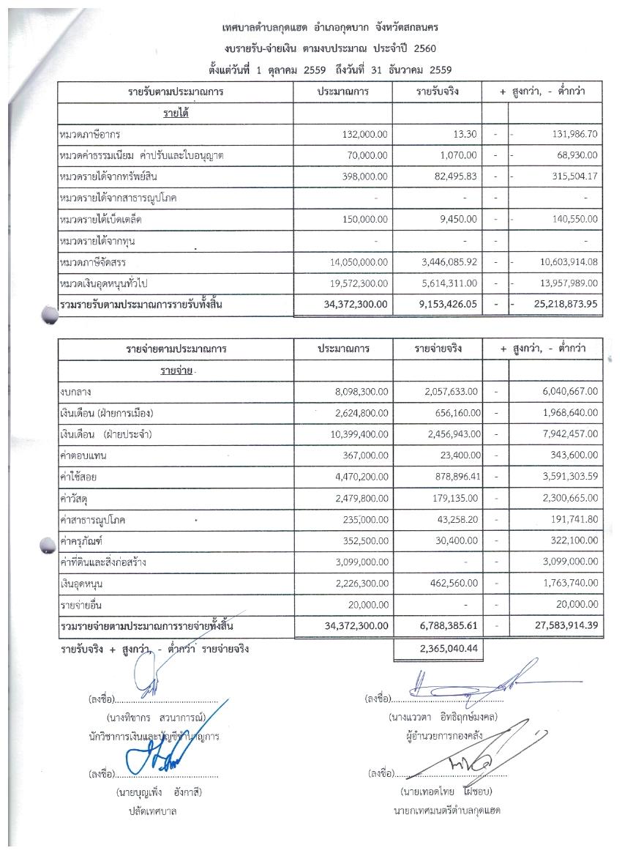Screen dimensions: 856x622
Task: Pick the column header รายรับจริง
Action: click(436, 93)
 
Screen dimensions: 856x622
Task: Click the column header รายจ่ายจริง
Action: click(436, 349)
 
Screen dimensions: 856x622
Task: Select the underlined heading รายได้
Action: click(176, 113)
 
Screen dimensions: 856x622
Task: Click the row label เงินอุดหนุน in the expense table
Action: click(80, 584)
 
